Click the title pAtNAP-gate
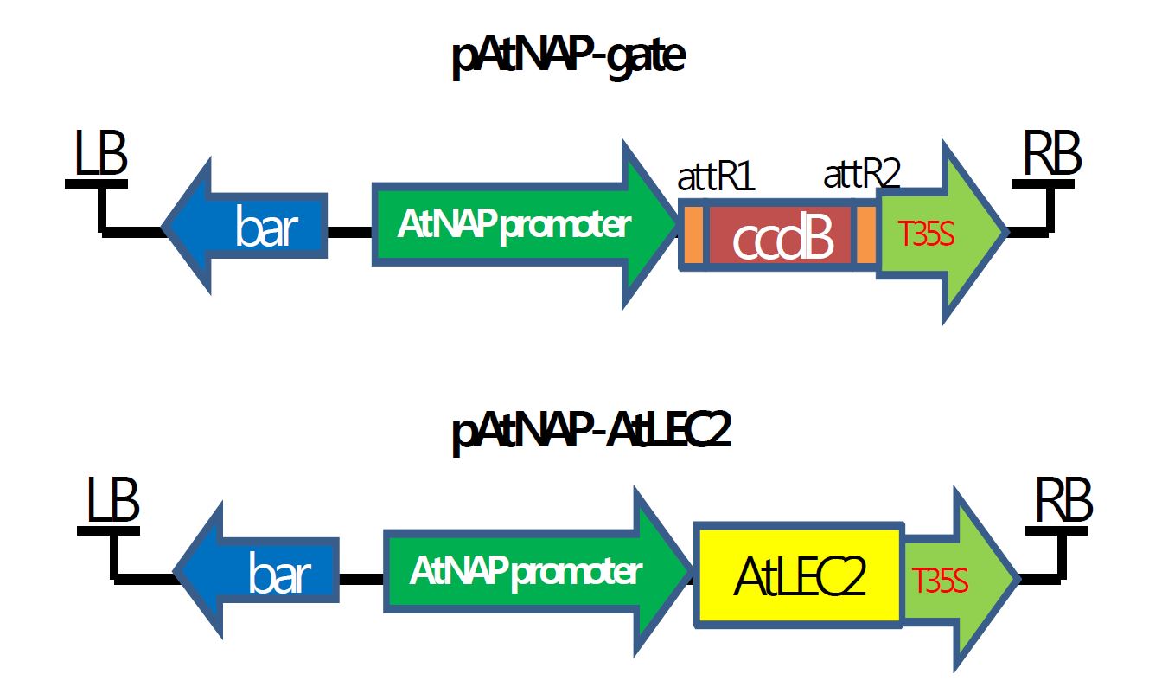click(569, 59)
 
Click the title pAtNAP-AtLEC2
click(591, 433)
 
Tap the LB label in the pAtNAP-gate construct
click(100, 157)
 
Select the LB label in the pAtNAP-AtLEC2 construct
click(112, 503)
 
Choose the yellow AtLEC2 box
click(799, 575)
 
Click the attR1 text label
click(716, 177)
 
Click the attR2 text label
click(861, 176)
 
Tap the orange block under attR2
click(866, 235)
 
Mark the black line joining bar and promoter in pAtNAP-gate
click(349, 233)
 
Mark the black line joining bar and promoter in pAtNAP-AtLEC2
click(361, 577)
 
